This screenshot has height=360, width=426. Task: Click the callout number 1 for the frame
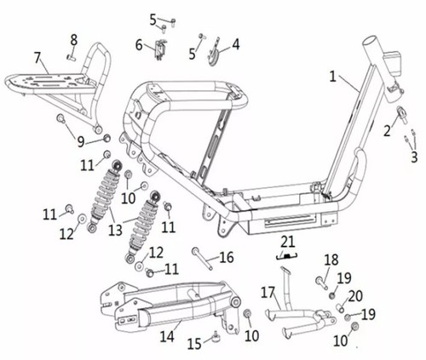click(x=333, y=77)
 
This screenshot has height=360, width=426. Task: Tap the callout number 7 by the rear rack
click(x=38, y=59)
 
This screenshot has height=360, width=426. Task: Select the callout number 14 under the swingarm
click(x=167, y=337)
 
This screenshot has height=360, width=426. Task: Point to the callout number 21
click(x=288, y=242)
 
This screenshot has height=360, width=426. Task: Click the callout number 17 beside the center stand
click(x=268, y=293)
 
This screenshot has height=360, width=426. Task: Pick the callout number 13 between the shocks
click(x=115, y=230)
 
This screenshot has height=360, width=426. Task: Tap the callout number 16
click(x=227, y=257)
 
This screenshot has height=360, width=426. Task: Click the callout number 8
click(x=74, y=40)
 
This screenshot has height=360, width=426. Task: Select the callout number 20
click(x=355, y=296)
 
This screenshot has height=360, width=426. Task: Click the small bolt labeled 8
click(x=70, y=57)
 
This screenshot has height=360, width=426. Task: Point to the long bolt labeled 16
click(x=202, y=259)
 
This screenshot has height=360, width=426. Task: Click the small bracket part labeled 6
click(x=160, y=49)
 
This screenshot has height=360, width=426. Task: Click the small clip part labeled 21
click(x=287, y=256)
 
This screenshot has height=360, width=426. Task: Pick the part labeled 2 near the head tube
click(x=402, y=113)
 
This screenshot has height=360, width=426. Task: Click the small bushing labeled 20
click(x=340, y=308)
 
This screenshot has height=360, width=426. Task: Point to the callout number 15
click(x=194, y=344)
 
